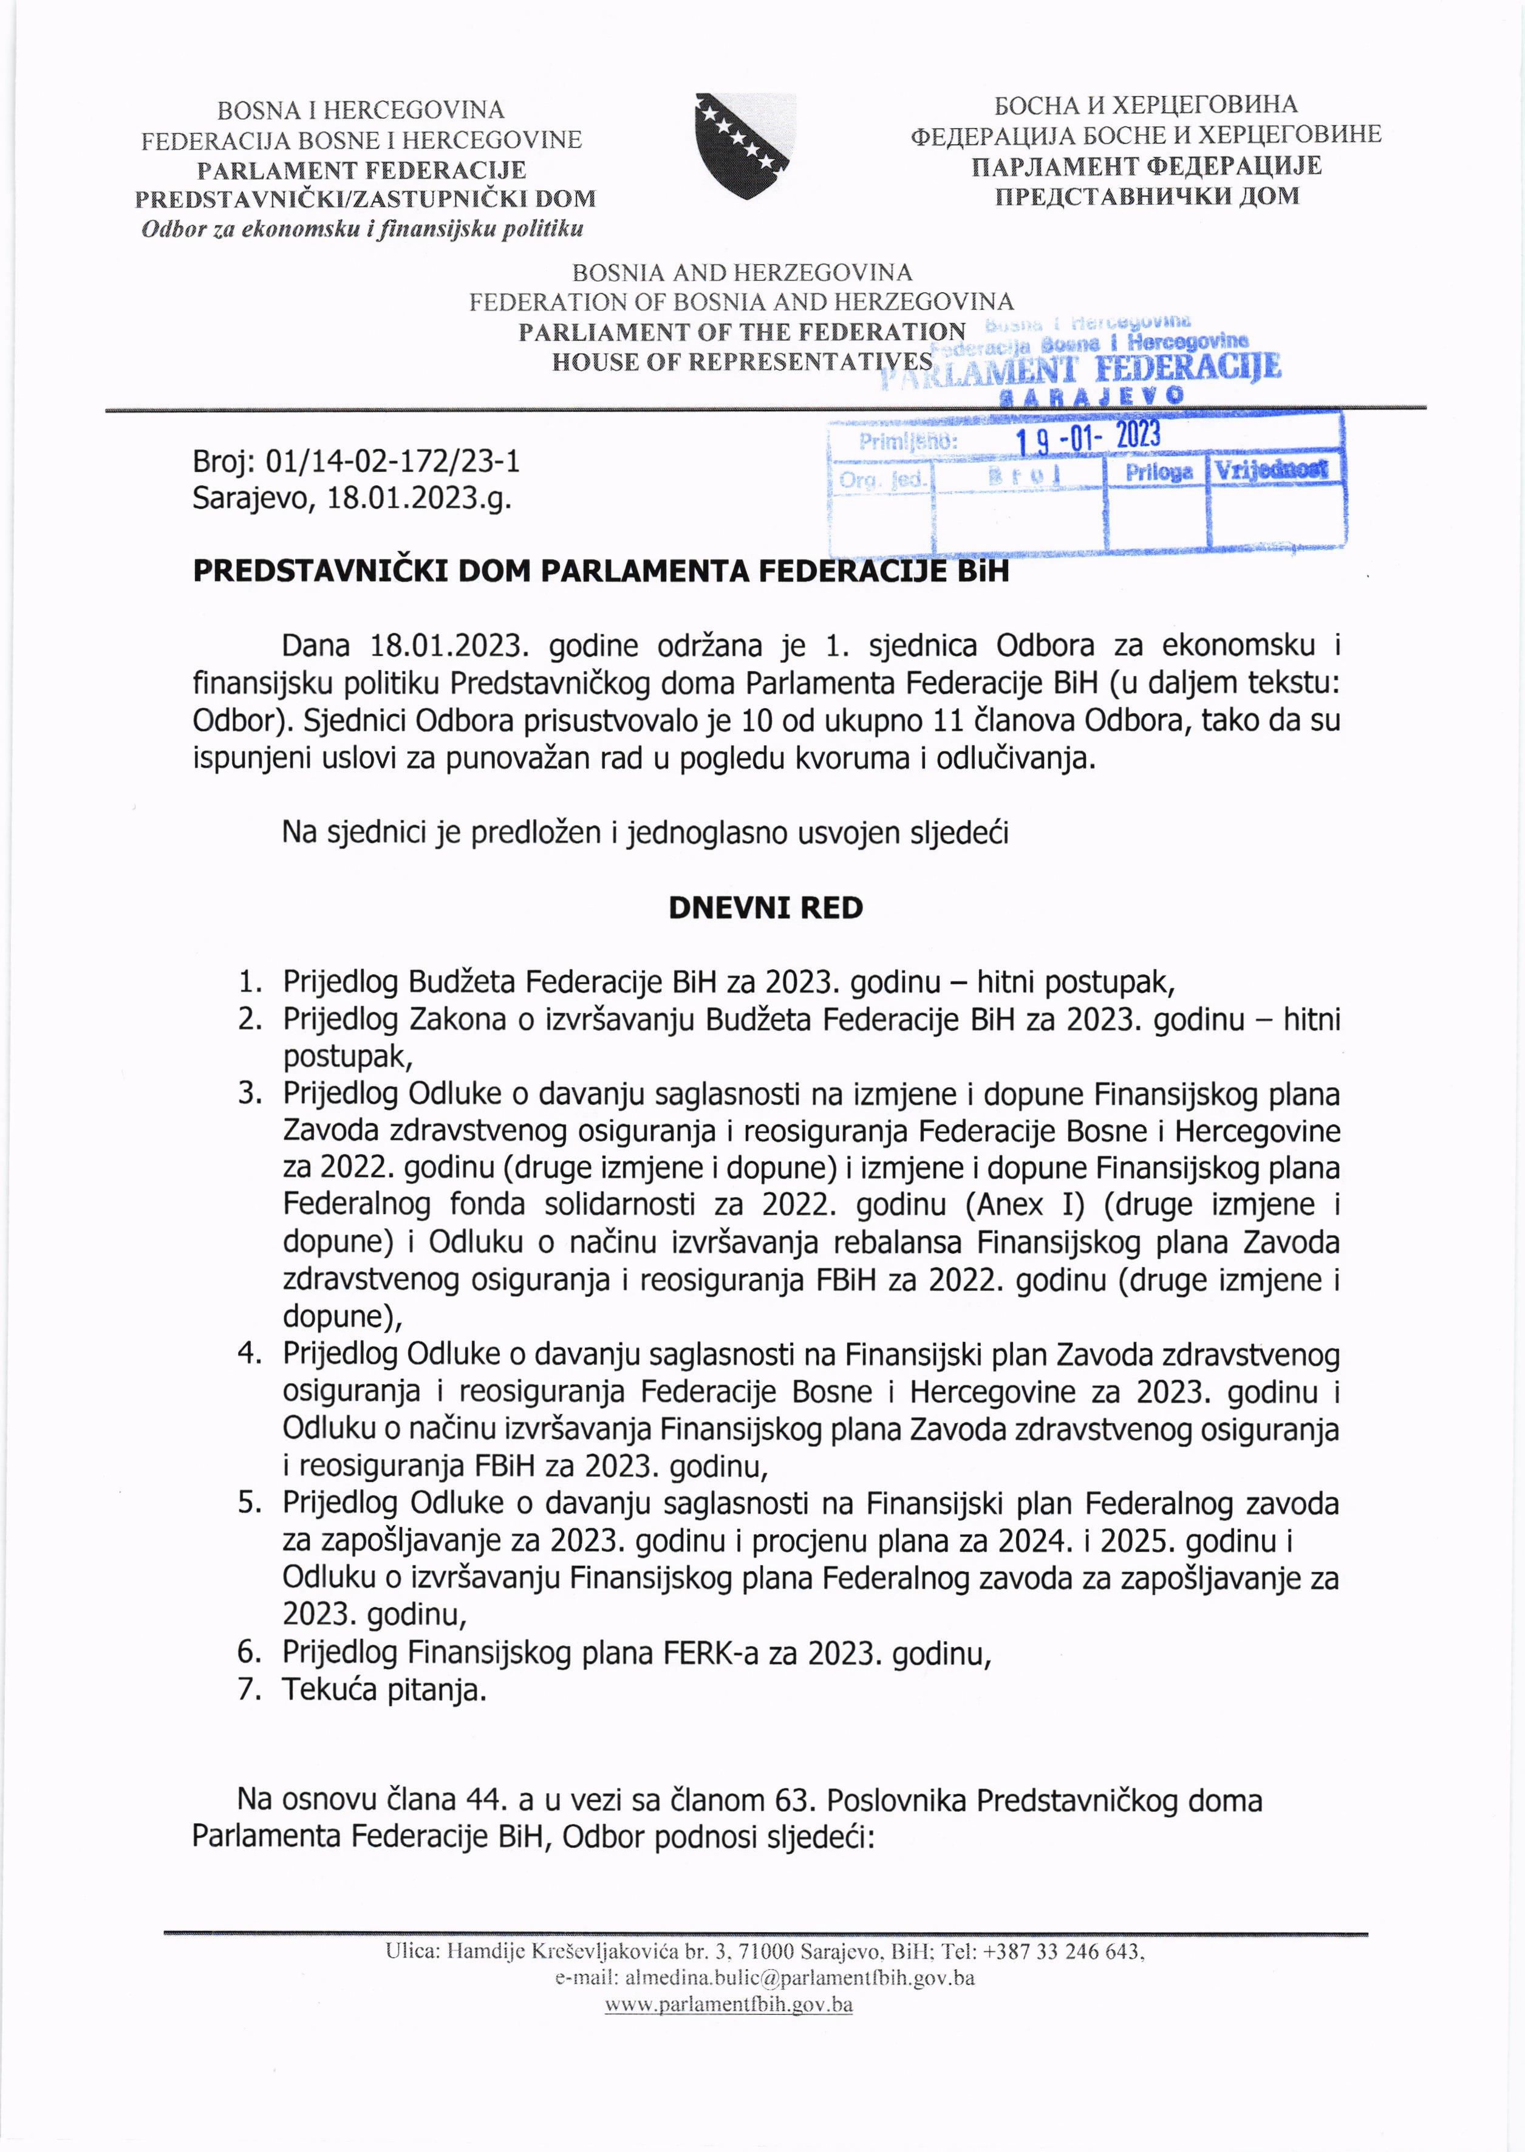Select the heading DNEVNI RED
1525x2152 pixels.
(765, 908)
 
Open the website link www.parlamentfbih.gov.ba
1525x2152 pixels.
(729, 2006)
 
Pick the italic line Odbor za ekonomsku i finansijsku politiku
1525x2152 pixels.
(361, 229)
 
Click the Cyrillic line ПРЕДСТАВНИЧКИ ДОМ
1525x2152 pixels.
(1145, 196)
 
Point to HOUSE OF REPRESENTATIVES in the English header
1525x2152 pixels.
(742, 361)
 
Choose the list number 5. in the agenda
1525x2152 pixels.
(250, 1502)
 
